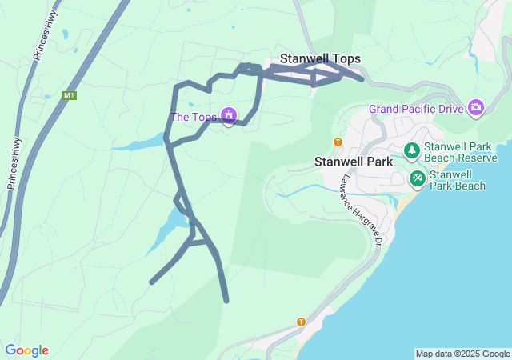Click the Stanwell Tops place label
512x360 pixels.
(x=320, y=59)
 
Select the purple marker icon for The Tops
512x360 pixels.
(x=230, y=116)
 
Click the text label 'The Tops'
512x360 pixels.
(x=194, y=118)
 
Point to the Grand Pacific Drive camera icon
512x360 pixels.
(x=477, y=107)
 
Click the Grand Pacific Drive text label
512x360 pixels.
(x=416, y=109)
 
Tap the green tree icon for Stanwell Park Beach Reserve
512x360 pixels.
(x=411, y=150)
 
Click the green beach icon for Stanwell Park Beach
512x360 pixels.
(x=417, y=178)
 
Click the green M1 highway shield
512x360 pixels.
(x=70, y=96)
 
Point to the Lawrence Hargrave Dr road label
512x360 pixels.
(x=365, y=210)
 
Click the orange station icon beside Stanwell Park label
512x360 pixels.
(x=338, y=142)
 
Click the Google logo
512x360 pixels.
(x=26, y=350)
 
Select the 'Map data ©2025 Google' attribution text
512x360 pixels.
(x=462, y=354)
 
